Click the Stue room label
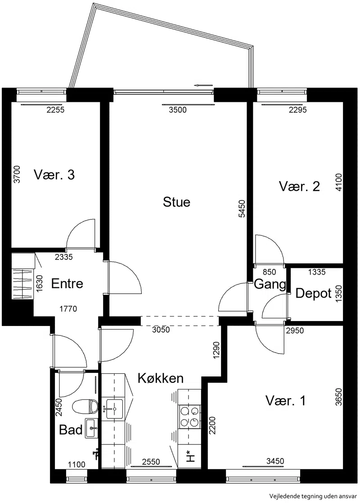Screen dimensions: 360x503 coord(177,202)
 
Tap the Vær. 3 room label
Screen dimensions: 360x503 coord(54,175)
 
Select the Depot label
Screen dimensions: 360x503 coord(313,294)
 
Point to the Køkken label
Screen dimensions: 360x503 coord(161,378)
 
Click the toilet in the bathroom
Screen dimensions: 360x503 coord(85,407)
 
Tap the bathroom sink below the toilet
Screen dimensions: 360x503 coord(92,428)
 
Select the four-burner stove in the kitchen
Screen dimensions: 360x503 coord(189,417)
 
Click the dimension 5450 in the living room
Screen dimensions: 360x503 coord(242,209)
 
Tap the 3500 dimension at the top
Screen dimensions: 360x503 coord(178,110)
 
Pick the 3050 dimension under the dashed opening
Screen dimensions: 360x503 coord(161,330)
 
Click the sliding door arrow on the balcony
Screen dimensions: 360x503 coord(203,85)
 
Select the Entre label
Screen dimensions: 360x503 coord(67,284)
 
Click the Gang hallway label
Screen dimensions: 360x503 coord(270,284)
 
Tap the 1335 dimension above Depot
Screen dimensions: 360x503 coord(317,272)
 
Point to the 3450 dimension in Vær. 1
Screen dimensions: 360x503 coord(275,461)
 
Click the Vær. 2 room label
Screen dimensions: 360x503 coord(299,186)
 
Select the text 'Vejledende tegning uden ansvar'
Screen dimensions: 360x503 coord(313,496)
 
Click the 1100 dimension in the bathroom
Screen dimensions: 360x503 coord(77,464)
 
